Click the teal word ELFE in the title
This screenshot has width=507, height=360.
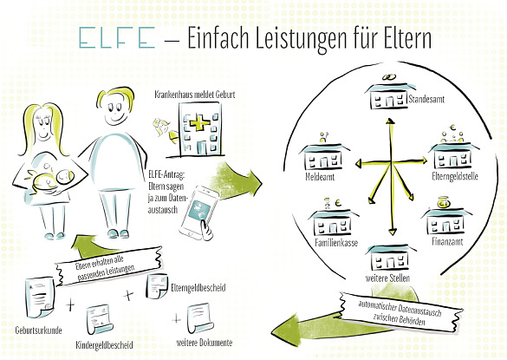pyautogui.click(x=117, y=37)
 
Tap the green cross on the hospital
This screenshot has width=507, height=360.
pyautogui.click(x=199, y=124)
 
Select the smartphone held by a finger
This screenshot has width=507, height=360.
pyautogui.click(x=198, y=213)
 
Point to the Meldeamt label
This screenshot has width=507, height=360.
pyautogui.click(x=320, y=177)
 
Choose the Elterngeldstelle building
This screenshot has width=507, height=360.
pyautogui.click(x=453, y=156)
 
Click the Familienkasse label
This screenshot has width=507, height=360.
pyautogui.click(x=336, y=243)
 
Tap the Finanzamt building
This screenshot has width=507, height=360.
pyautogui.click(x=447, y=221)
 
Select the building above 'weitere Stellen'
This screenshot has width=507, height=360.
pyautogui.click(x=391, y=258)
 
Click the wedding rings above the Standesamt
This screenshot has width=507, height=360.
pyautogui.click(x=389, y=77)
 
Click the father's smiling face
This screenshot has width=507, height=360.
pyautogui.click(x=116, y=108)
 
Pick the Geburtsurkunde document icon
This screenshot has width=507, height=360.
pyautogui.click(x=40, y=296)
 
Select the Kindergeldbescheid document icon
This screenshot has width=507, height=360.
pyautogui.click(x=100, y=319)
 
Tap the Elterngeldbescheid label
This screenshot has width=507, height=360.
pyautogui.click(x=198, y=287)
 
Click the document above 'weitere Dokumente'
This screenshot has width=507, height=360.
pyautogui.click(x=200, y=317)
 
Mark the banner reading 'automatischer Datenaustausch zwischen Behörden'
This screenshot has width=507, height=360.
pyautogui.click(x=400, y=312)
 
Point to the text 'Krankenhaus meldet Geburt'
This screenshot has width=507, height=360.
pyautogui.click(x=195, y=95)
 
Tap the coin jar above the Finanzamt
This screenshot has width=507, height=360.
pyautogui.click(x=444, y=202)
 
